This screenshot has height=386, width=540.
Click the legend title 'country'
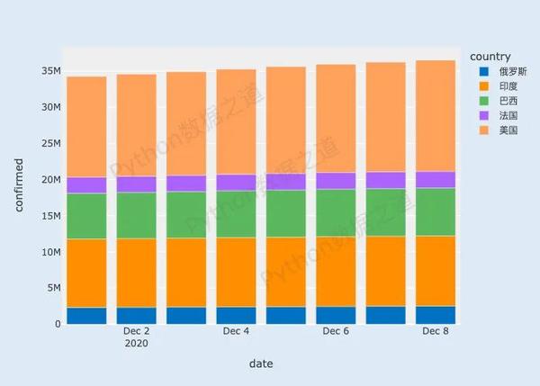tap(490, 57)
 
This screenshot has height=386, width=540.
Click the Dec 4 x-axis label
tap(236, 331)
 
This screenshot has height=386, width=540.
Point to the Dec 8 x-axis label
tap(436, 331)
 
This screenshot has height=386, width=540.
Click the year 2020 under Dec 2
tap(136, 343)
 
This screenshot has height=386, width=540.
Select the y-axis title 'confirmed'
tap(19, 184)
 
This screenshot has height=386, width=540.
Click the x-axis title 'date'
tap(261, 364)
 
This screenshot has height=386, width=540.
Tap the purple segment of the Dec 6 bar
tap(336, 181)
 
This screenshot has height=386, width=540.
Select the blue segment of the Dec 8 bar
tap(436, 315)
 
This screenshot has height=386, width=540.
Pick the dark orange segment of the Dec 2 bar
tap(136, 273)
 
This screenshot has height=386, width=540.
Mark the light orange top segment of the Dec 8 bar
tap(436, 115)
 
